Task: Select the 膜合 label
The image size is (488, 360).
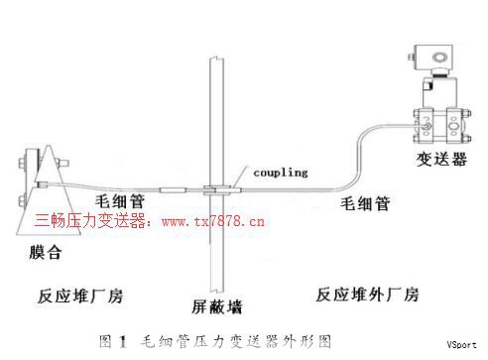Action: (46, 252)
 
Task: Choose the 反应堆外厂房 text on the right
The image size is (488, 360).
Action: (367, 295)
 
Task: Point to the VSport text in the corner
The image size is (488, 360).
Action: (462, 346)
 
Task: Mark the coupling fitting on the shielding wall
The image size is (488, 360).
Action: (214, 186)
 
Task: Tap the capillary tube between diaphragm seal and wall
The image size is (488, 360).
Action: (129, 188)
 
